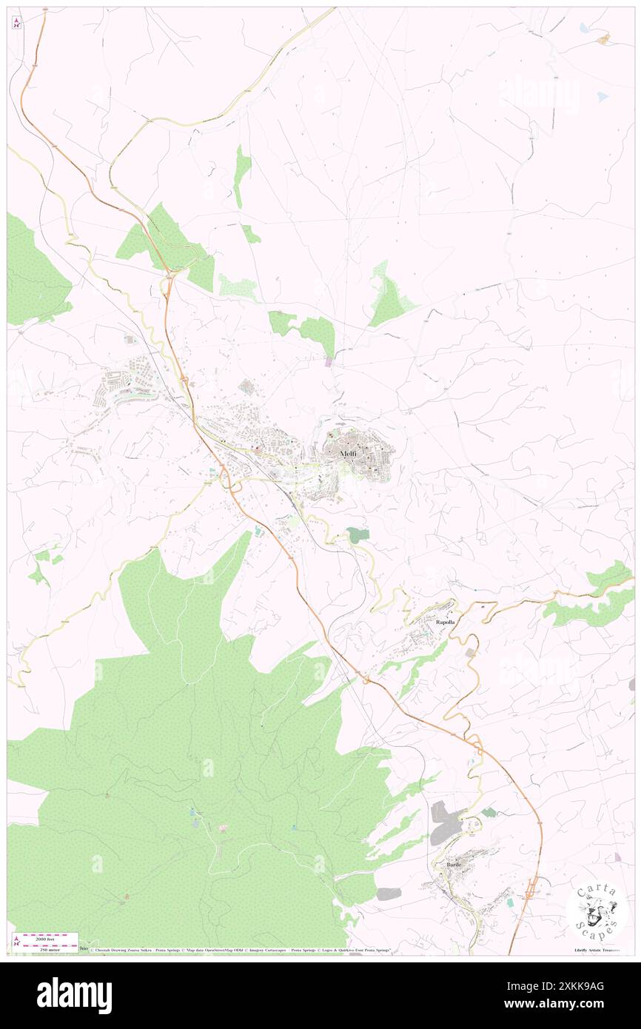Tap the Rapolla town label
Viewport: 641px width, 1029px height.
point(445,623)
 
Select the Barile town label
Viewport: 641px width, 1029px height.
point(454,865)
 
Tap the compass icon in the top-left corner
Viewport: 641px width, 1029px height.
point(16,22)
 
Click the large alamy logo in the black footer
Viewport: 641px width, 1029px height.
point(74,996)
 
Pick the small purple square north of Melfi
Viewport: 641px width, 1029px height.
point(329,362)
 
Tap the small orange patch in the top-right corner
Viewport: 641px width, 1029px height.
point(604,38)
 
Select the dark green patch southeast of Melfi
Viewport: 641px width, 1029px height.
point(358,534)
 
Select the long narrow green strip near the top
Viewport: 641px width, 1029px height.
point(241,175)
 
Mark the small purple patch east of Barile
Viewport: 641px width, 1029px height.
point(617,857)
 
